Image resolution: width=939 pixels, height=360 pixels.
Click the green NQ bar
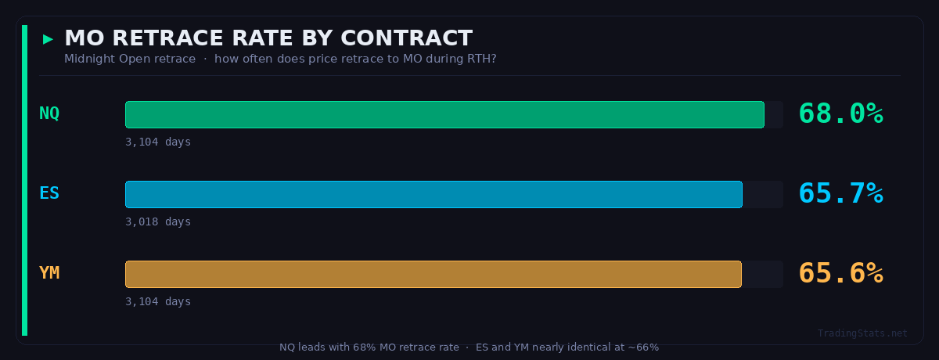444,114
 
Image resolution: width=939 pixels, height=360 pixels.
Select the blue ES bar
434,194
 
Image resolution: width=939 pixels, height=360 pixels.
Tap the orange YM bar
433,274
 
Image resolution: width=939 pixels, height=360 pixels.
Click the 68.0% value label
840,114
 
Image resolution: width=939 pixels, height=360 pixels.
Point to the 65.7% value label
840,194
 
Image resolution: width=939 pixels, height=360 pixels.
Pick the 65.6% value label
840,274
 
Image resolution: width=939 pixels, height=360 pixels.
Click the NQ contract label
49,113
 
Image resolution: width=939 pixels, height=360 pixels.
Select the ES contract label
49,193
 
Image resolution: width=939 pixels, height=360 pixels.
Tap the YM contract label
49,273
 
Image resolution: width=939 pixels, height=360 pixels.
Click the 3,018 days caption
158,221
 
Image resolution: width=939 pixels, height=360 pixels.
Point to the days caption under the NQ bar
158,142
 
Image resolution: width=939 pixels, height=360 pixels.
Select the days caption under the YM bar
158,301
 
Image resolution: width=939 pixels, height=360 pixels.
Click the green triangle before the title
49,38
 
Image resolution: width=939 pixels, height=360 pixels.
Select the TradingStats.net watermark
862,333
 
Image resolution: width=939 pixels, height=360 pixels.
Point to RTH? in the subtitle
481,59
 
